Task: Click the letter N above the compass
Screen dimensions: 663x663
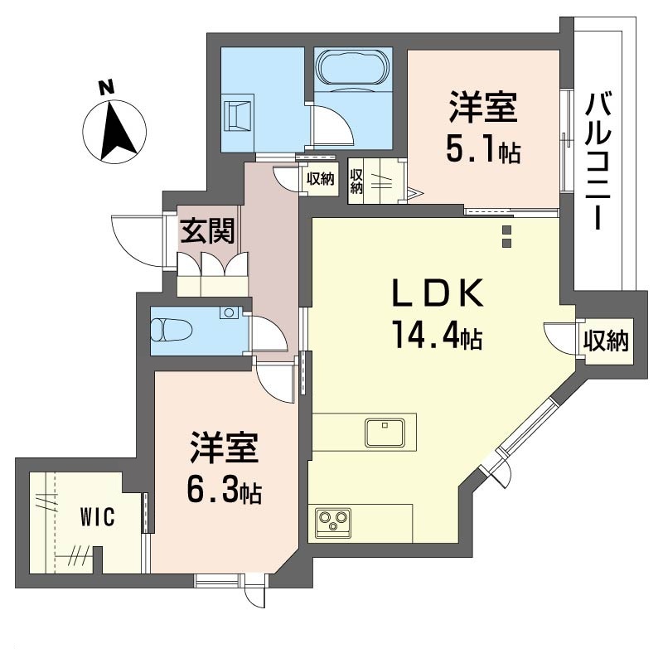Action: [x=107, y=87]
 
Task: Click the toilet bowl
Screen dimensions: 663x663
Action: [x=172, y=329]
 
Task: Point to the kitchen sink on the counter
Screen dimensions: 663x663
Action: [x=385, y=432]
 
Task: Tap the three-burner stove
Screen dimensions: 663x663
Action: [x=334, y=523]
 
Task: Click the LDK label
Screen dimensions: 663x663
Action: [x=438, y=293]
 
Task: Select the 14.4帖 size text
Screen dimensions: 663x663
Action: [x=438, y=335]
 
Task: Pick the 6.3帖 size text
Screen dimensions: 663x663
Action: [x=224, y=489]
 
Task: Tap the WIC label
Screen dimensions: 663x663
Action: [x=97, y=516]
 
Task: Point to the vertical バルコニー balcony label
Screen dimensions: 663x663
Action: [x=598, y=161]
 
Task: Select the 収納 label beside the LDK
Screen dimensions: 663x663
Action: [x=606, y=341]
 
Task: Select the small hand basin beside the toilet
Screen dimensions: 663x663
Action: [x=229, y=313]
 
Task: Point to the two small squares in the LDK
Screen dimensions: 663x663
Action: [x=506, y=236]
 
